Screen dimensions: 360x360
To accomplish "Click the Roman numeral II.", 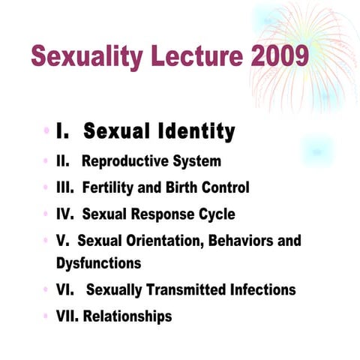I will [x=63, y=161].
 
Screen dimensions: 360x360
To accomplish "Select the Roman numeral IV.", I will [x=65, y=214].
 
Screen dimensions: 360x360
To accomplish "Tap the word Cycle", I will [x=213, y=214].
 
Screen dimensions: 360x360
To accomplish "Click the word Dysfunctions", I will [x=98, y=263].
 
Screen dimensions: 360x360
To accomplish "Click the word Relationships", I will [x=127, y=316].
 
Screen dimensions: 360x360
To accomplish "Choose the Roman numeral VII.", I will [x=67, y=316].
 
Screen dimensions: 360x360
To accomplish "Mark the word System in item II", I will [x=194, y=161].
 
